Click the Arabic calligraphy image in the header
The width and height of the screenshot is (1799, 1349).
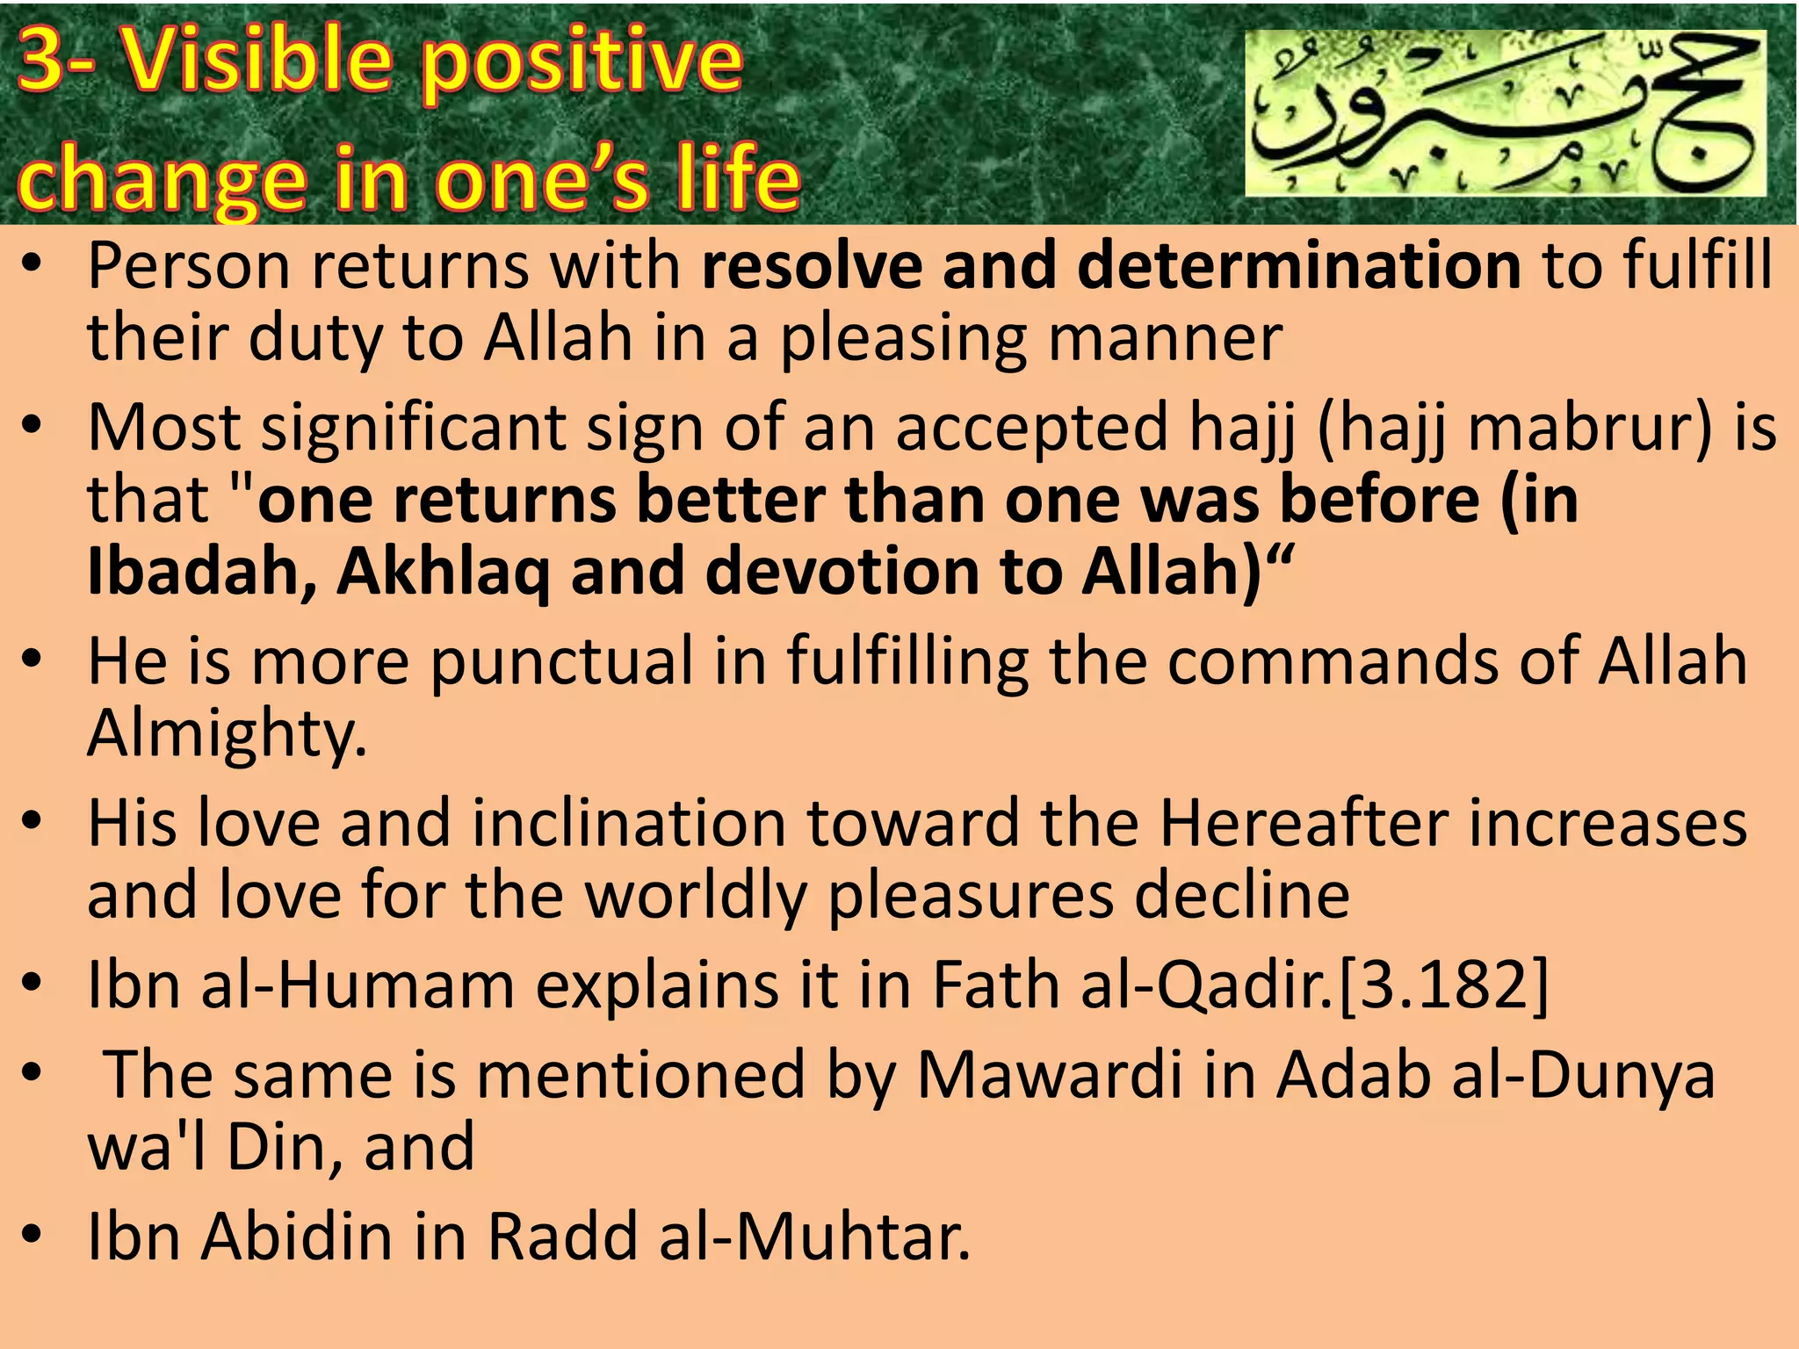coord(1506,113)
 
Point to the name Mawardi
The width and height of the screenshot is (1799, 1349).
coord(1049,1075)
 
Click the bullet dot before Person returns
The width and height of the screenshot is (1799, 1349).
coord(32,265)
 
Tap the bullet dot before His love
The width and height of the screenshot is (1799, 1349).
coord(32,823)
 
